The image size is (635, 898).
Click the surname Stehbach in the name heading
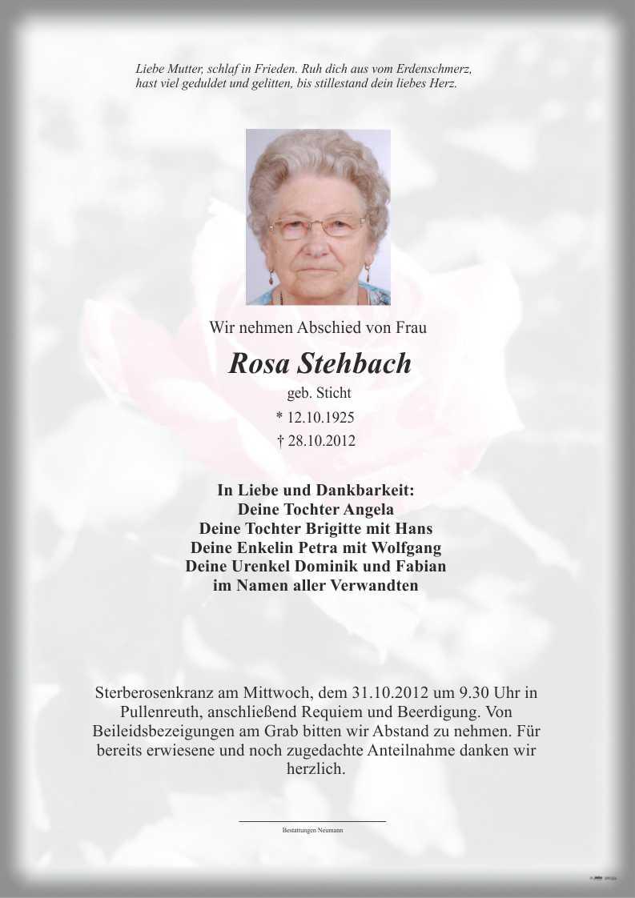click(355, 363)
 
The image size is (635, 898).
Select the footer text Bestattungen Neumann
click(312, 831)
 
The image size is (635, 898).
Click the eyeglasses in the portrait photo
click(316, 227)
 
